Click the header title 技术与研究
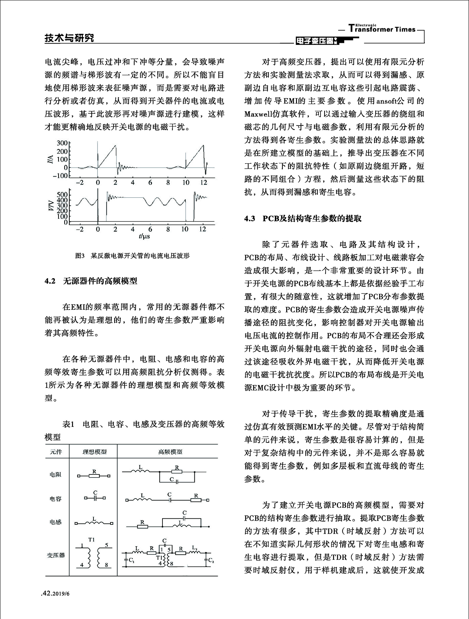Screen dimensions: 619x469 click(69, 38)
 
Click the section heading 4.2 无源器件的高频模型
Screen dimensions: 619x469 click(91, 281)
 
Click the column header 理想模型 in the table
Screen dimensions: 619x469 click(94, 452)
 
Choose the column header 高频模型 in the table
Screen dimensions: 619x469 click(170, 452)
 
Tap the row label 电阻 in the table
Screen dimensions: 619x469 click(55, 474)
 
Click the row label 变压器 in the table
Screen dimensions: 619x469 click(55, 556)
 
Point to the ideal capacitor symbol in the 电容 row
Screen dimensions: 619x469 click(95, 498)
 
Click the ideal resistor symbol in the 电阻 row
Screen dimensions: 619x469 click(94, 476)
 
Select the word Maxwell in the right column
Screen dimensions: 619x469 click(258, 114)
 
